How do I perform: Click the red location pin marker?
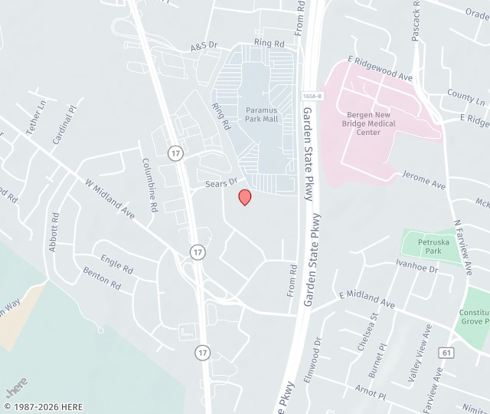pos(245,197)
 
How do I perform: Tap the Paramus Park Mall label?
pos(261,115)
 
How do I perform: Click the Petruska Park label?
pos(429,245)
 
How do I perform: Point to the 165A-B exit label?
pos(311,96)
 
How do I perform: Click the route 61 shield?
pos(446,352)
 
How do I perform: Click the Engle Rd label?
pos(116,264)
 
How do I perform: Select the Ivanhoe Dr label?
pos(416,266)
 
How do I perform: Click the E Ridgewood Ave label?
pos(380,68)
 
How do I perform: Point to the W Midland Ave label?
pos(109,200)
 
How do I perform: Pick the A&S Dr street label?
pos(204,48)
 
